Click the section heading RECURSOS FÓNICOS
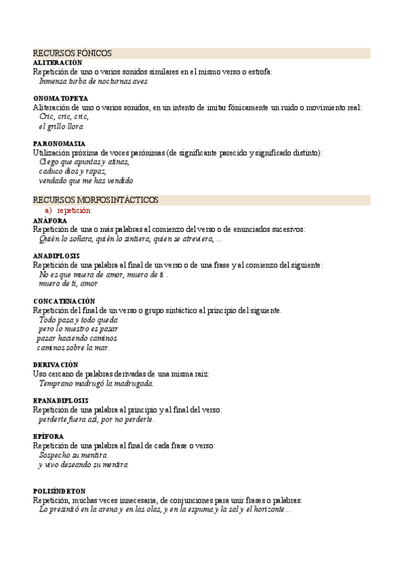coord(72,53)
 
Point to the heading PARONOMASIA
coord(59,144)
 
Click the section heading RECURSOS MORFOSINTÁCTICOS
coord(96,200)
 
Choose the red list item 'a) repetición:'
coord(68,210)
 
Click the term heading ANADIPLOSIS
coord(57,256)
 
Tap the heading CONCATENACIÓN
coord(64,301)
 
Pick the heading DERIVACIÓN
coord(56,364)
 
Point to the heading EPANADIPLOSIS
coord(61,401)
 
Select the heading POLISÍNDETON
coord(59,491)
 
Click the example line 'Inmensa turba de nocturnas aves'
coord(93,81)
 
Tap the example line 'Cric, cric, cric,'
coord(64,117)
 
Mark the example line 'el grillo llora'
coord(61,126)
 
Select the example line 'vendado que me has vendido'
coord(86,181)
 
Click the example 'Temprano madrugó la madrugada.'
coord(96,383)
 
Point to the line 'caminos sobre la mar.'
coord(73,348)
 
